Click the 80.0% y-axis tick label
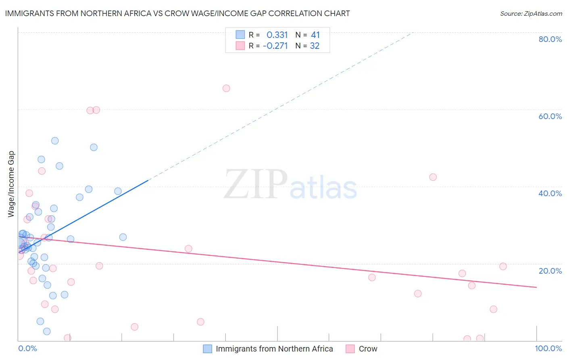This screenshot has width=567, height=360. pos(550,39)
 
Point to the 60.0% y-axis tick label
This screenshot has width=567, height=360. pos(550,116)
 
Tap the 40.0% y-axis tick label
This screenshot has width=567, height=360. pos(550,193)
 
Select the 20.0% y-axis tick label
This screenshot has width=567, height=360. pos(550,271)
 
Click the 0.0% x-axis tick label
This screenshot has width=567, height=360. pos(27,348)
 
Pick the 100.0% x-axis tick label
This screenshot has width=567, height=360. pos(548,348)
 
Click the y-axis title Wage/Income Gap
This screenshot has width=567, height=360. pos(11,184)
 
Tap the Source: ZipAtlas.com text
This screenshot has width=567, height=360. pos(531,13)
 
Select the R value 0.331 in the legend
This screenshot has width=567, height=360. pos(277,35)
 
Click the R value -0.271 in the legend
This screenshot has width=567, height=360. pos(275,46)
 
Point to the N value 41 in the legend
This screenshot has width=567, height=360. pos(315,35)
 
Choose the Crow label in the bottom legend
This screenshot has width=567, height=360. pos(368,349)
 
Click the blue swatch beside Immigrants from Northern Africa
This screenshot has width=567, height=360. pos(207,349)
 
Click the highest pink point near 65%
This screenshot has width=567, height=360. pos(226,88)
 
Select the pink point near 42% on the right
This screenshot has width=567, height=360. pos(433,177)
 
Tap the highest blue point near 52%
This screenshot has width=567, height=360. pos(55,141)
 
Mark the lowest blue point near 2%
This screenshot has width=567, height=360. pos(47,331)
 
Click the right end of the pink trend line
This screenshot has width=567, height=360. pos(536,287)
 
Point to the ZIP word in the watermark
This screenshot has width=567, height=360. pos(256,184)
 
